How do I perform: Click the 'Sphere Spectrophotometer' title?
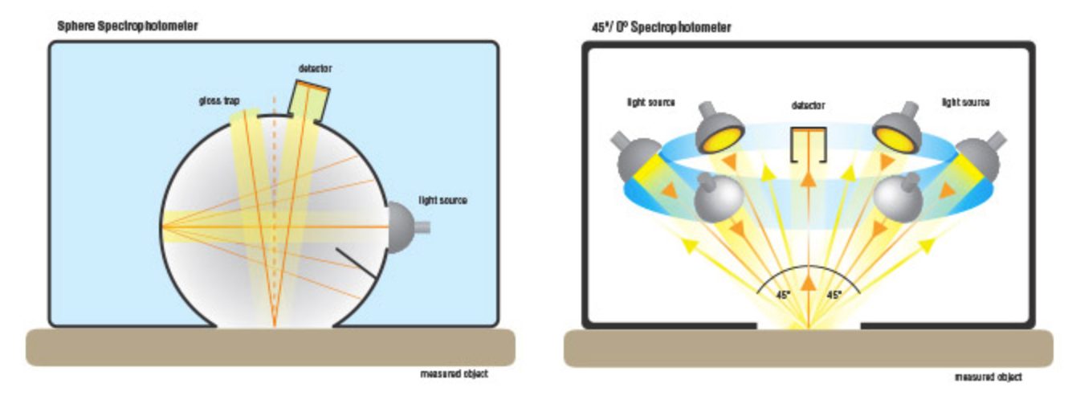tap(128, 26)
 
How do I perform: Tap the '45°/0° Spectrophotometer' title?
tap(662, 27)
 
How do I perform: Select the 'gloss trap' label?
tap(219, 101)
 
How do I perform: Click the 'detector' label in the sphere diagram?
tap(315, 68)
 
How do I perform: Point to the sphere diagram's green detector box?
tap(309, 101)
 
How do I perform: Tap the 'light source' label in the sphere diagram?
tap(443, 200)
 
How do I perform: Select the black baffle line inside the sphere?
tap(357, 263)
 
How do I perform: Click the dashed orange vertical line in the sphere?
tap(274, 210)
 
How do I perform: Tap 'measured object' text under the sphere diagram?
tap(454, 373)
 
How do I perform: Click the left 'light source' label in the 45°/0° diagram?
tap(650, 103)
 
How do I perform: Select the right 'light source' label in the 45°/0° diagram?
tap(965, 103)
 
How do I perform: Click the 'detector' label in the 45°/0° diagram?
tap(808, 105)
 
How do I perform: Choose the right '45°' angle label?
tap(834, 295)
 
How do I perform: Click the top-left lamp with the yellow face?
tap(719, 129)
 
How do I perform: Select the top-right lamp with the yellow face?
tap(896, 129)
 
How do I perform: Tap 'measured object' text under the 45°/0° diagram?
tap(989, 378)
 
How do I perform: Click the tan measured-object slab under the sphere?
tap(271, 347)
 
